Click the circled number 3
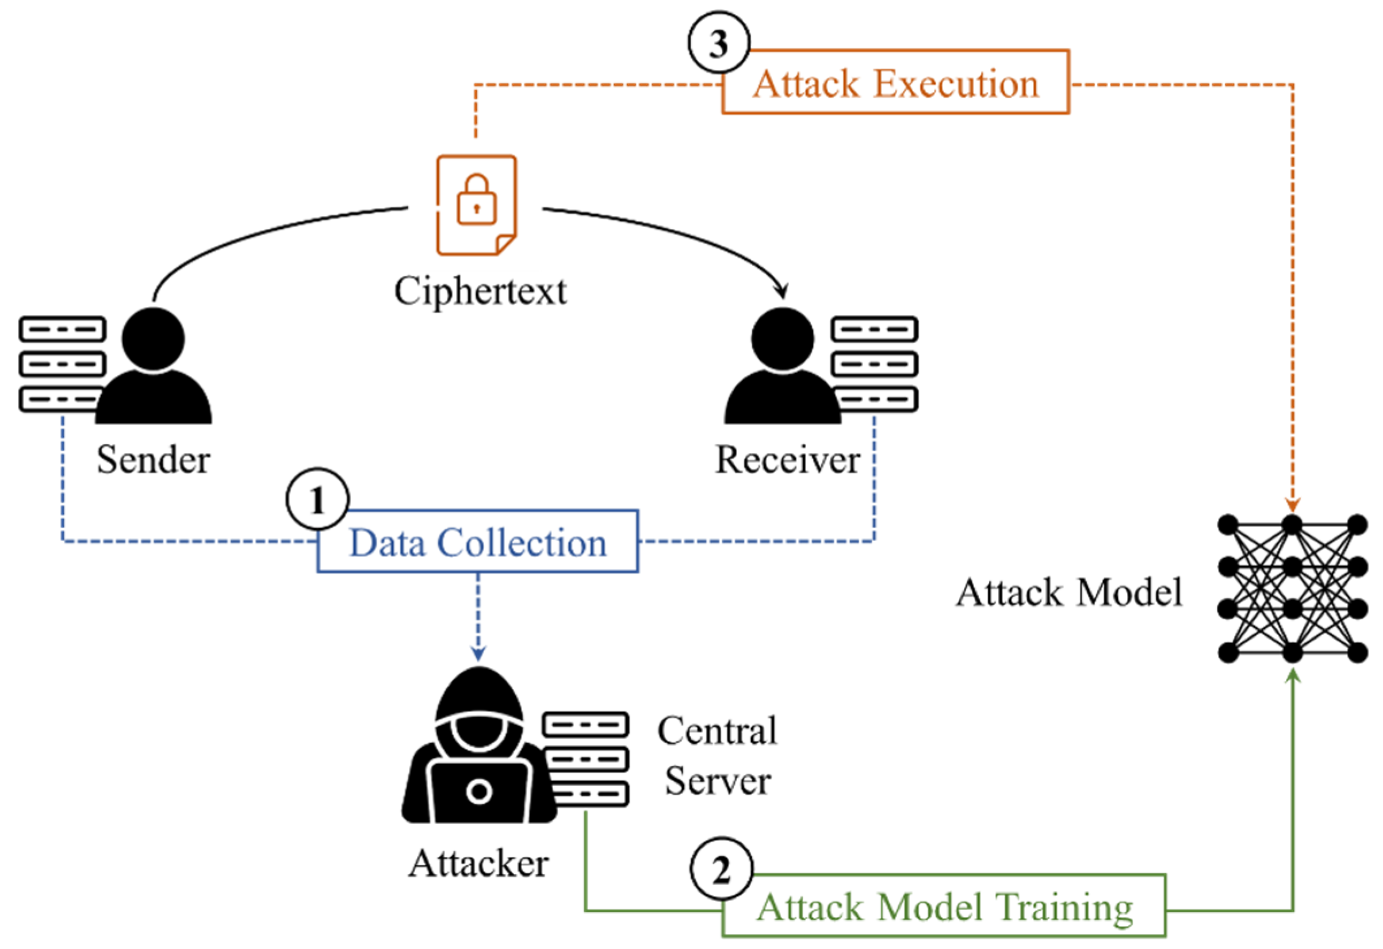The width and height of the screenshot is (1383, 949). [719, 43]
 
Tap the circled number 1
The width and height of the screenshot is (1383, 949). [318, 499]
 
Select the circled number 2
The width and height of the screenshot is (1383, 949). [721, 870]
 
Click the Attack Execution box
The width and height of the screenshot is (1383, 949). [895, 82]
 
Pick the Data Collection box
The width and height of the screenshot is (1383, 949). [478, 541]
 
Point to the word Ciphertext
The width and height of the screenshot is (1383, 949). [480, 291]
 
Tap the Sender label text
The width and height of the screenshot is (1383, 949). [154, 459]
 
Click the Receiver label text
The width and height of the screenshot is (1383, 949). [787, 459]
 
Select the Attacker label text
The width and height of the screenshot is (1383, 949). [478, 863]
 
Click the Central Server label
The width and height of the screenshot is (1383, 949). [717, 755]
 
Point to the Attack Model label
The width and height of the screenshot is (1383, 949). [1069, 593]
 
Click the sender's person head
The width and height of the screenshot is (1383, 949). [154, 339]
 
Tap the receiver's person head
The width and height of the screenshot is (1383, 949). [783, 339]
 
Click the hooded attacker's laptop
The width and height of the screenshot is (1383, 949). [480, 792]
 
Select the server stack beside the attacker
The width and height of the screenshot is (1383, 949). [585, 759]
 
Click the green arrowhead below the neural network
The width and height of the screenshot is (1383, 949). [1293, 675]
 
